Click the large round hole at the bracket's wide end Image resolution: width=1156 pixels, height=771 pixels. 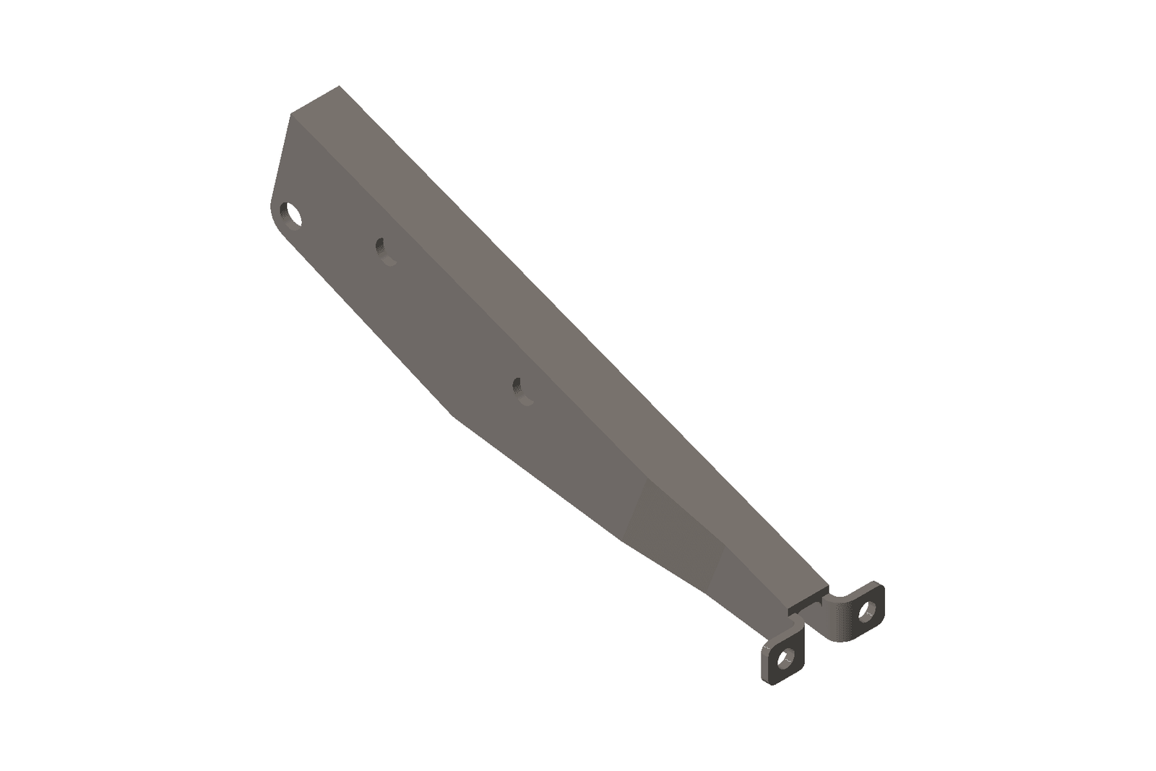click(293, 215)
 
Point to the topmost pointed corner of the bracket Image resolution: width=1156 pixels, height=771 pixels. click(339, 86)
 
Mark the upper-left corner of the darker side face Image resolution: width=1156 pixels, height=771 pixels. click(291, 115)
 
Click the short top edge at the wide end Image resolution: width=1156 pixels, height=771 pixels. click(315, 100)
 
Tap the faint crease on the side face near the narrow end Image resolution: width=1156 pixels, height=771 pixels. click(636, 506)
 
